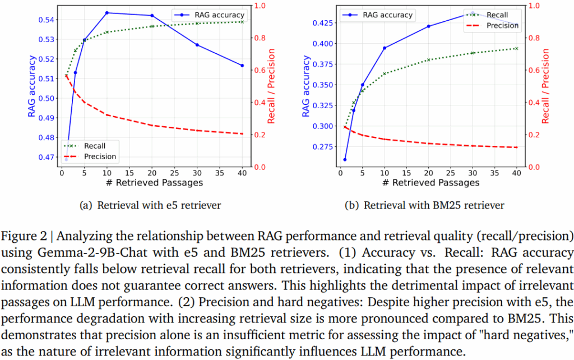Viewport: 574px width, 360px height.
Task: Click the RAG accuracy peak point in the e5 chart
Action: click(107, 12)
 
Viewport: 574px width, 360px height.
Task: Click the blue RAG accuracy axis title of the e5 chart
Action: click(33, 86)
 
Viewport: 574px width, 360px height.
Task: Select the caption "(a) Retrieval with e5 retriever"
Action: click(151, 205)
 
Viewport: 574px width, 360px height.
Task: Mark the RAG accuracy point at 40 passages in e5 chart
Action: click(242, 66)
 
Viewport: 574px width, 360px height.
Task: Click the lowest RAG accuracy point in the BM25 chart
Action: click(345, 160)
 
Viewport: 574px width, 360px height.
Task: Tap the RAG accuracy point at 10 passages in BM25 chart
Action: click(385, 48)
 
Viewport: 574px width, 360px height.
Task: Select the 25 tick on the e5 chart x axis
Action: click(174, 173)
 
